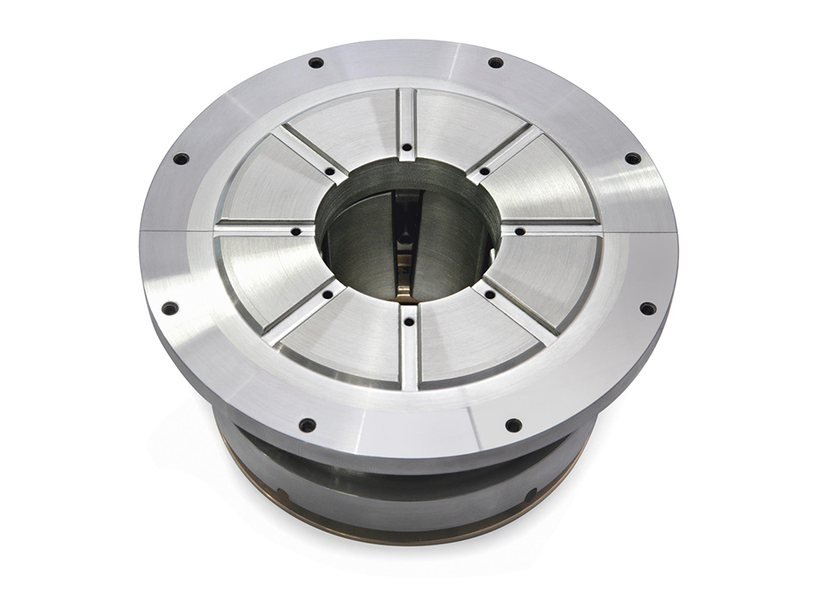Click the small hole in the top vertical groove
tap(406, 149)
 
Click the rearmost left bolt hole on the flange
tap(316, 63)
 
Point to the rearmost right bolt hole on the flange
tap(495, 63)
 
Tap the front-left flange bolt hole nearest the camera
tap(308, 426)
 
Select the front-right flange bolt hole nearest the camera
tap(513, 426)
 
